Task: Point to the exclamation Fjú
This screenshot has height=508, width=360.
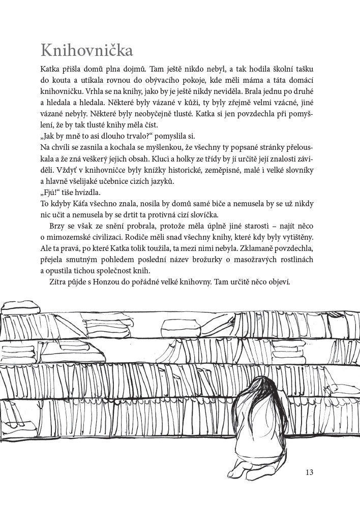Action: (x=50, y=193)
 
